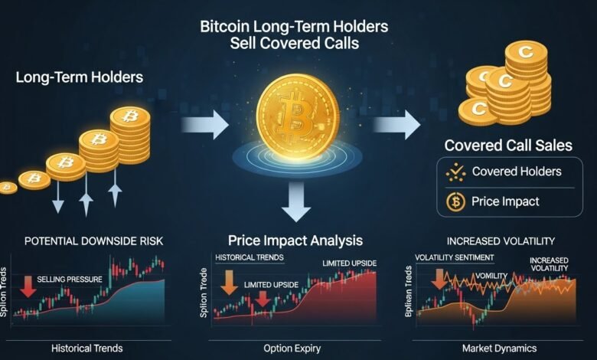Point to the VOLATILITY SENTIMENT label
[453, 257]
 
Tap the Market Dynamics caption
[501, 349]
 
